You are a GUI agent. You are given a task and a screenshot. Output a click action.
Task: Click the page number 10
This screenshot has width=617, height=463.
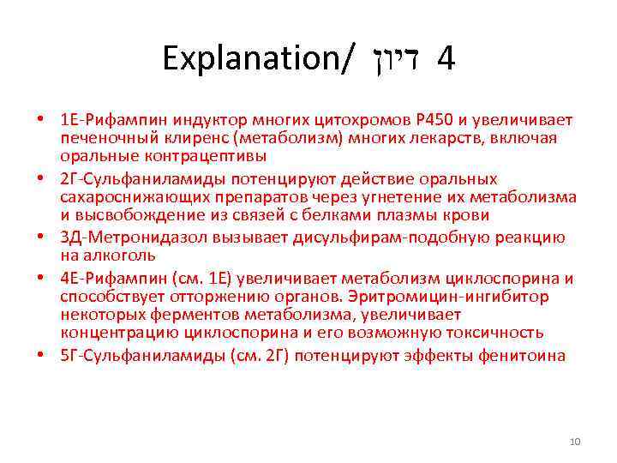[x=575, y=442]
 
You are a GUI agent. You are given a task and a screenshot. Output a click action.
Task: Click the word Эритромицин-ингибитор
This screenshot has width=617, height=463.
[x=479, y=296]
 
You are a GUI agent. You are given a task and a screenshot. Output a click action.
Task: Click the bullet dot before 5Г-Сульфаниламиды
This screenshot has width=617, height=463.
[x=41, y=355]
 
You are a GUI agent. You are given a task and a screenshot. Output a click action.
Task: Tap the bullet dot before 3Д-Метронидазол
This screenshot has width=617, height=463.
[x=41, y=238]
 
